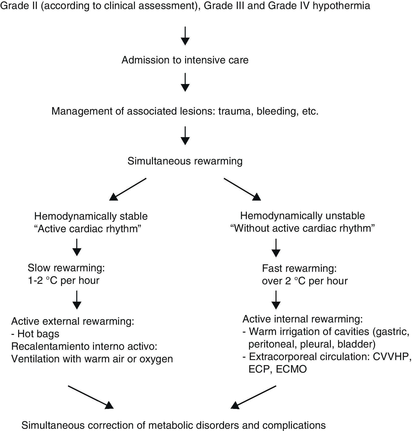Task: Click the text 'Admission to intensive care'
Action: click(185, 60)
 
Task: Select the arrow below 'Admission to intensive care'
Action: click(185, 82)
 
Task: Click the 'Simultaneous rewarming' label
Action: click(185, 161)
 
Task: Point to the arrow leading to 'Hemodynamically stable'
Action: click(128, 189)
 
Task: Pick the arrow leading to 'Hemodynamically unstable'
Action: click(242, 189)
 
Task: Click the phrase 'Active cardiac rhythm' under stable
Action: click(88, 229)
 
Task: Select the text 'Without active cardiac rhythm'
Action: click(303, 228)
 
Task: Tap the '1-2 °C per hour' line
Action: click(63, 280)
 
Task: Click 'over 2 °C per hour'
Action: click(305, 281)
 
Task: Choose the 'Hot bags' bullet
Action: click(35, 334)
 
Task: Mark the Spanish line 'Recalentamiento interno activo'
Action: click(84, 346)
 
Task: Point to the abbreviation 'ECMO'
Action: click(291, 369)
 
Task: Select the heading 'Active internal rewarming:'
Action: click(303, 319)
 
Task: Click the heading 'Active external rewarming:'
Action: click(73, 321)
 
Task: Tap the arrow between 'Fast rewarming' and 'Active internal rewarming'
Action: click(276, 300)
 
